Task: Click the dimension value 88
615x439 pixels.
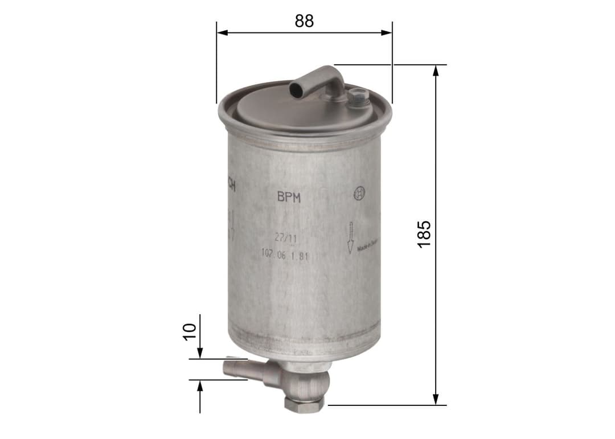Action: click(304, 20)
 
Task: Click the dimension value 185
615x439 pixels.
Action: click(424, 233)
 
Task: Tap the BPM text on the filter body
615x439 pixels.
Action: click(289, 198)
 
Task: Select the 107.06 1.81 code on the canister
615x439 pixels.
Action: click(285, 256)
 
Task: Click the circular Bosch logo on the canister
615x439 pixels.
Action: click(359, 194)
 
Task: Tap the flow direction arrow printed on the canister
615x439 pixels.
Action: click(351, 237)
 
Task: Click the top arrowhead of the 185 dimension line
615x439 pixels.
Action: click(436, 70)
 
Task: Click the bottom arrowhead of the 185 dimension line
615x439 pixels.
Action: click(436, 400)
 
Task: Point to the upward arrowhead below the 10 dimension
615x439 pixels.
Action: click(200, 386)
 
